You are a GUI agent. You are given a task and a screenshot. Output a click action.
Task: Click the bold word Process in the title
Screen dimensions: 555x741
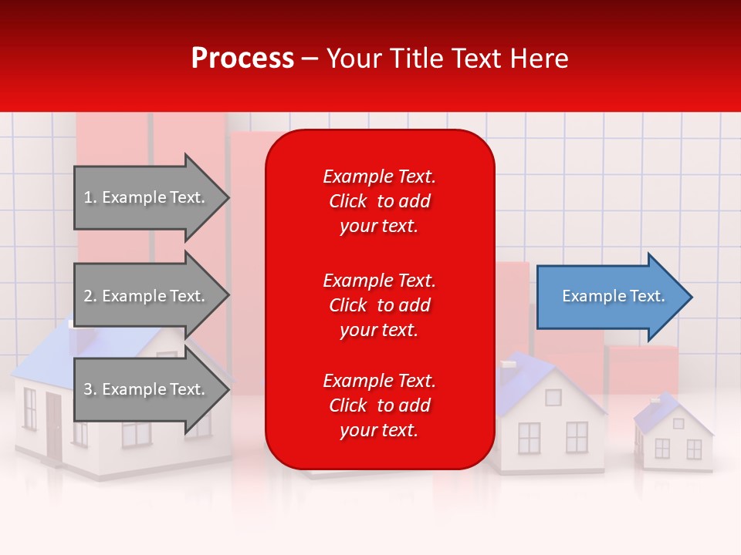(x=242, y=59)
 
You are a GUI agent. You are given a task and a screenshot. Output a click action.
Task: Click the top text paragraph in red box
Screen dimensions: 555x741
(x=379, y=201)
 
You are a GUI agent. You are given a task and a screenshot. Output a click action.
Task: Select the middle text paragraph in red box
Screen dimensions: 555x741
(x=379, y=305)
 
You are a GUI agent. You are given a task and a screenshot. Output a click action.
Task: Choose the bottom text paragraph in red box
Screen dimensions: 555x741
(x=379, y=405)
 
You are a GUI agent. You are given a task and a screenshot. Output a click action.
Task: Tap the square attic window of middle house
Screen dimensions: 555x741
(x=553, y=398)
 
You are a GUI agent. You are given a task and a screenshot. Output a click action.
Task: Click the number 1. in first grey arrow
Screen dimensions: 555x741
(x=90, y=197)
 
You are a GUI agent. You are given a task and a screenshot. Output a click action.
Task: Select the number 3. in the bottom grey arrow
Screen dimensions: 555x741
(x=90, y=389)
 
